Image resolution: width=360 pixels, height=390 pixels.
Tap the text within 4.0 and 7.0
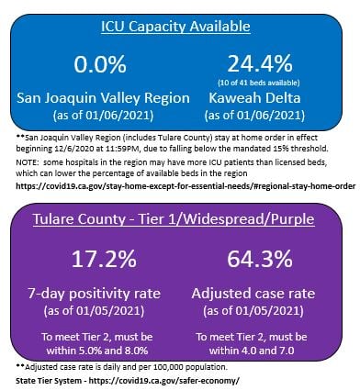pyautogui.click(x=263, y=351)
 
